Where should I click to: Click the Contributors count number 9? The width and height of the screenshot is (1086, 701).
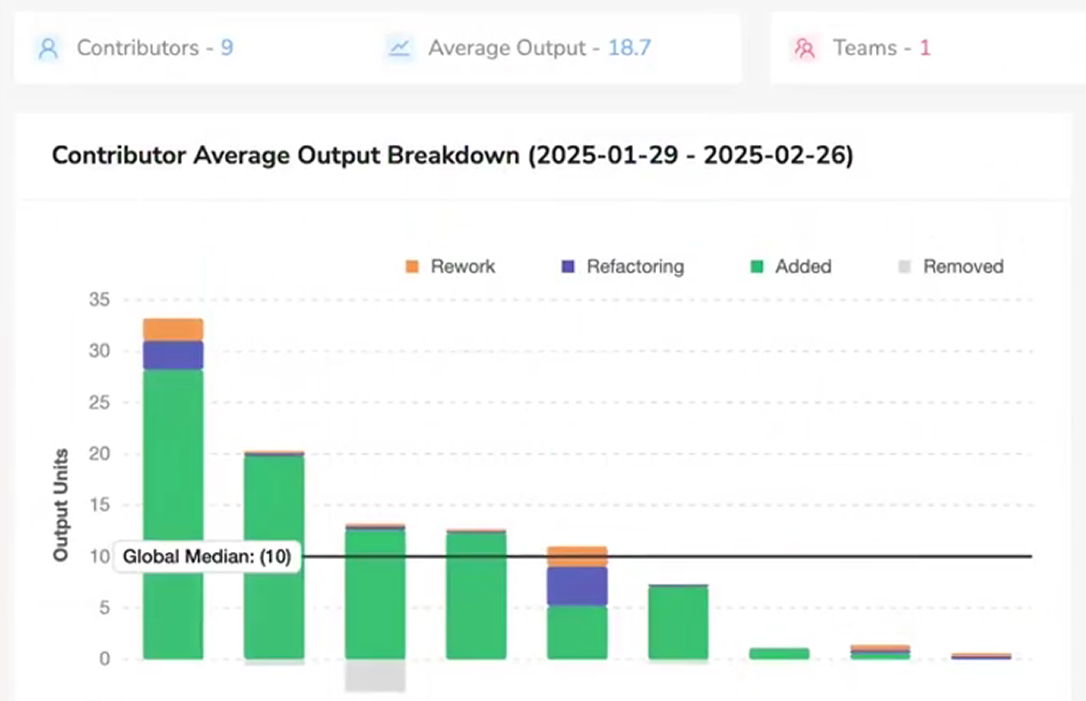click(227, 48)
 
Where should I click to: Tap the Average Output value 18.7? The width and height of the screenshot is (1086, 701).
click(629, 48)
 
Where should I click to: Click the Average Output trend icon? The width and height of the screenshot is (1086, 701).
click(400, 48)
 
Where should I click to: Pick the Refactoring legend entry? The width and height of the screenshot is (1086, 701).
click(623, 266)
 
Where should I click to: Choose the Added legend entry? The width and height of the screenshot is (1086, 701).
click(791, 266)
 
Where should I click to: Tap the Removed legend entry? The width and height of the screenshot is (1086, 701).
click(951, 266)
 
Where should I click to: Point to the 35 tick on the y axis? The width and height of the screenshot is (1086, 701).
click(99, 300)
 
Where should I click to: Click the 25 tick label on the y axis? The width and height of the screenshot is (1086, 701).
click(99, 402)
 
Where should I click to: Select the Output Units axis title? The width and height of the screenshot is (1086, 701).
click(61, 505)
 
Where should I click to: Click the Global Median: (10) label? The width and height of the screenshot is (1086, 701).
click(207, 557)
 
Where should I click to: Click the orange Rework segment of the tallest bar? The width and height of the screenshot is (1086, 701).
click(173, 329)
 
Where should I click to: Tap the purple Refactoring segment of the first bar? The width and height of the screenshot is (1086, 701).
click(173, 355)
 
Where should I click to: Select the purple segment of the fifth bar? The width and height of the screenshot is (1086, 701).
click(577, 586)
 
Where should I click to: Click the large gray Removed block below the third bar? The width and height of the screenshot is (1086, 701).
click(375, 676)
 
